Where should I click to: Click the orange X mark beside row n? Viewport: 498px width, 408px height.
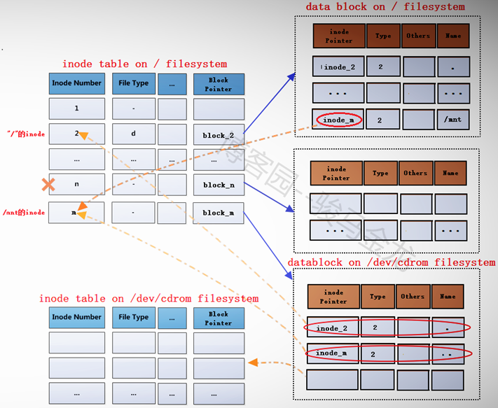(48, 185)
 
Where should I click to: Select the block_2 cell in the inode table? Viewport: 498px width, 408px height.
(219, 134)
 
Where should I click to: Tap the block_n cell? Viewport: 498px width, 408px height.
(219, 185)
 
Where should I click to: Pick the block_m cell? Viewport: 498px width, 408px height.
(219, 213)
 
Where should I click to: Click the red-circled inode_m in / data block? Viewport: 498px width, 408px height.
(339, 120)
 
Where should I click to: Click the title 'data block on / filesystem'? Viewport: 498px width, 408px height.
(385, 7)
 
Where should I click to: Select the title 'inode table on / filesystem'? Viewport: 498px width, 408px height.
(144, 64)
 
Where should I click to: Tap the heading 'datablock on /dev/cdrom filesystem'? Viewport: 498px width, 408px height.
(392, 263)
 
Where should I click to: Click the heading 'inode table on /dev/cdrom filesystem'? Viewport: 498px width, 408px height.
(148, 299)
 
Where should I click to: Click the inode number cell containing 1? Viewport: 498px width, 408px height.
(77, 108)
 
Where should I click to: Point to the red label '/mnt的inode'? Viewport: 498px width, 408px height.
(24, 212)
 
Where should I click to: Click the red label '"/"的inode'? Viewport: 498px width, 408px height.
(25, 134)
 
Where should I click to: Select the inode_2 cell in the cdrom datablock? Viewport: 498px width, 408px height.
(333, 328)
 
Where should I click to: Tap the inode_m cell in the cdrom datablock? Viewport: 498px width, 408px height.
(333, 354)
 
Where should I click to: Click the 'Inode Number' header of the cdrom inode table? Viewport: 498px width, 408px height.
(77, 317)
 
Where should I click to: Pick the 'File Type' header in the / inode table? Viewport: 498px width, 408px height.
(133, 83)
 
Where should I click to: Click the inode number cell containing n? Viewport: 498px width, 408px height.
(77, 185)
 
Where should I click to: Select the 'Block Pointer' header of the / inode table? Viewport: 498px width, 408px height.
(219, 84)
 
